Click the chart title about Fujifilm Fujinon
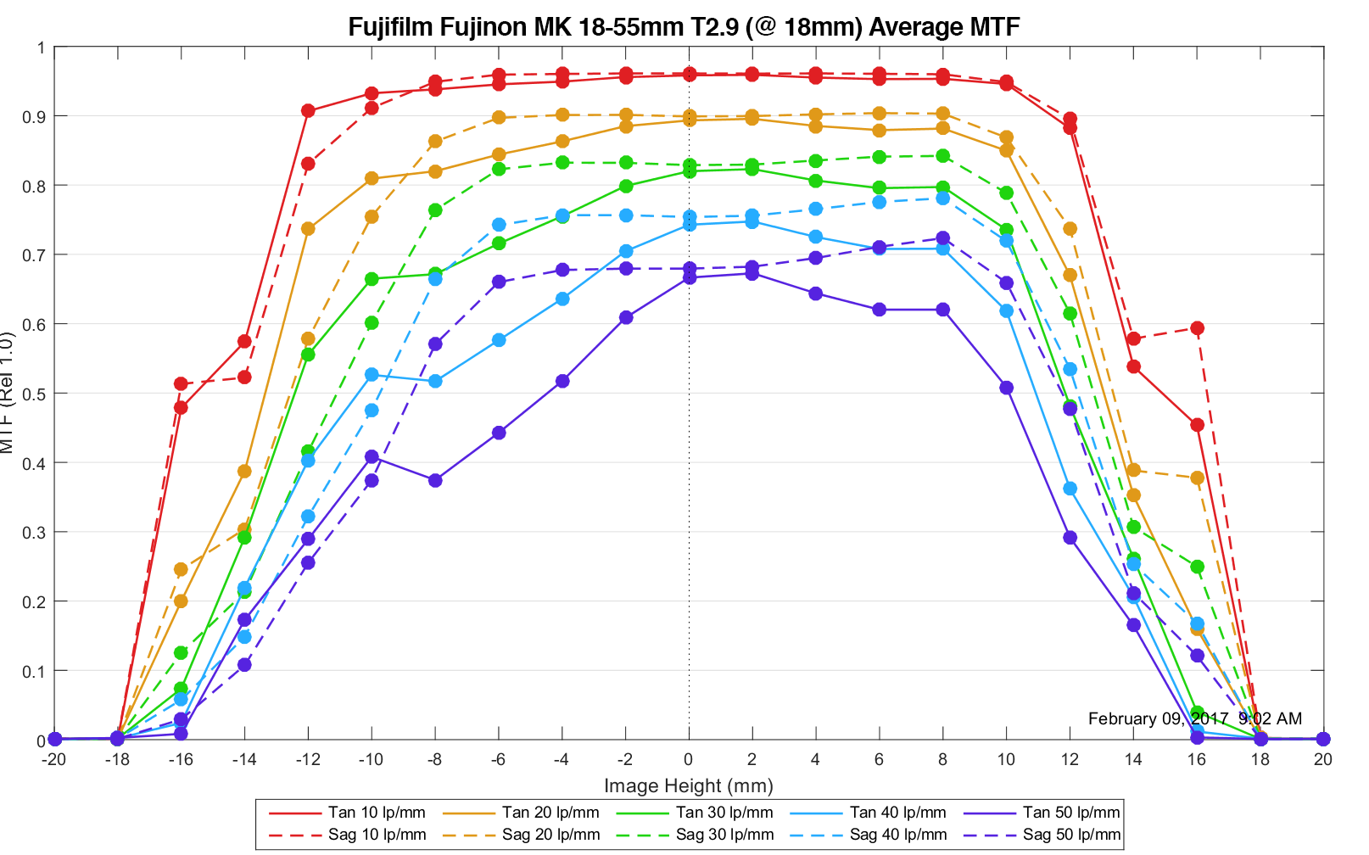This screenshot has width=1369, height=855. (x=684, y=26)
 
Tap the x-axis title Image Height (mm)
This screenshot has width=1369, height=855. (x=688, y=785)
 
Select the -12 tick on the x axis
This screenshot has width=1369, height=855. (x=308, y=759)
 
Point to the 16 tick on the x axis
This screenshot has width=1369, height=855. (x=1197, y=759)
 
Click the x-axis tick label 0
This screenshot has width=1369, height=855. (x=688, y=759)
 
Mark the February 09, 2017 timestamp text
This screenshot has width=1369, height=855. (x=1194, y=718)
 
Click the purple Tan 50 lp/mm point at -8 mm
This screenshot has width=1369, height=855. (x=435, y=480)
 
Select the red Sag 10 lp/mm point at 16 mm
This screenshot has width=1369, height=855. (x=1197, y=327)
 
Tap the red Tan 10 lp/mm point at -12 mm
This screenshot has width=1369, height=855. (x=308, y=110)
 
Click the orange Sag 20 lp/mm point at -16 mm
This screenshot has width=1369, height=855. (x=181, y=569)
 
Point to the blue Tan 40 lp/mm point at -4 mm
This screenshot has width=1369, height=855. (x=562, y=299)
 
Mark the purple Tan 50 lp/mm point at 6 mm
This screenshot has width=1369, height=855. (x=879, y=310)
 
